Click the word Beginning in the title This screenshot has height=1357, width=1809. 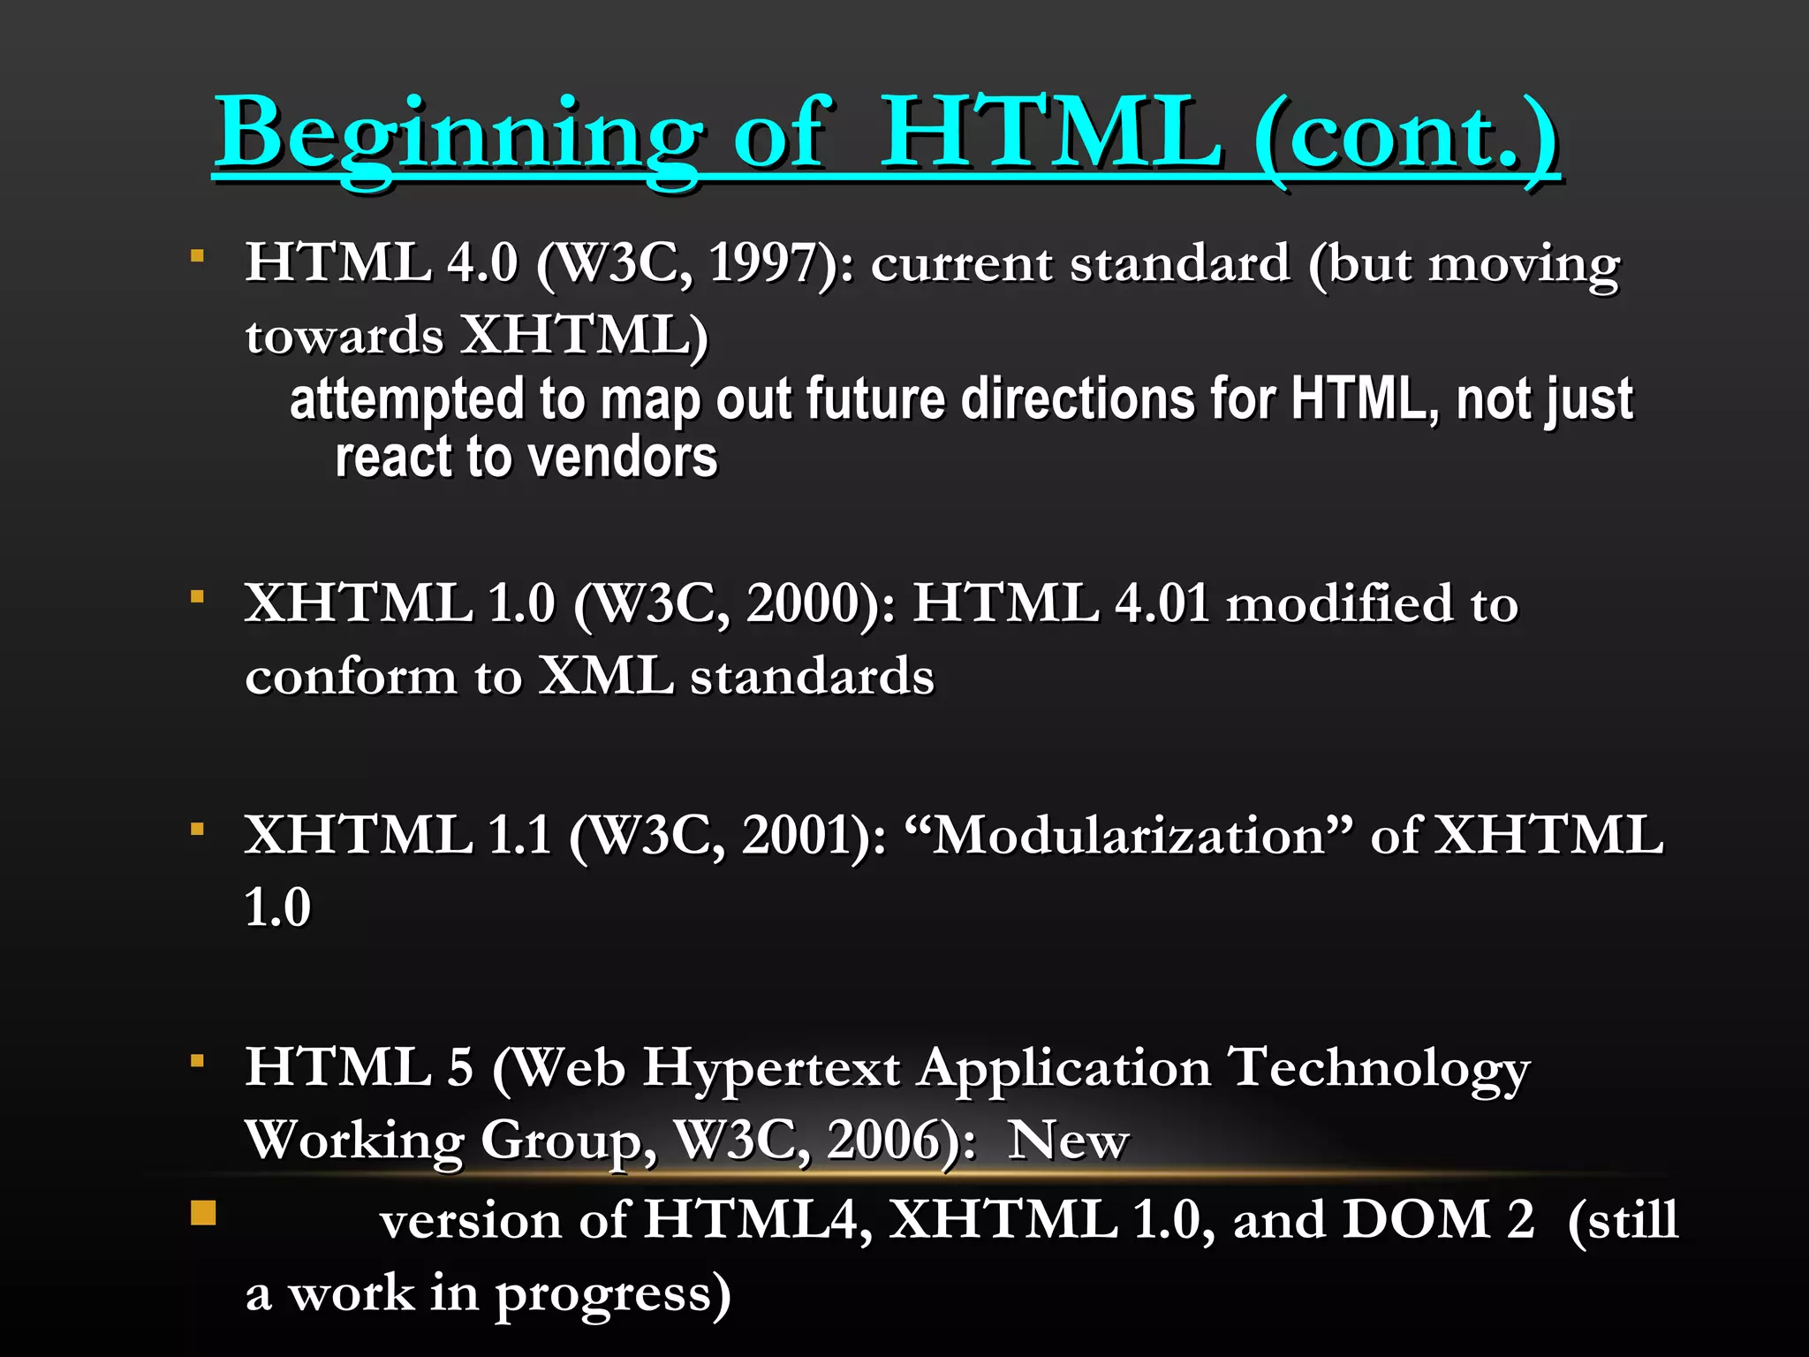tap(459, 134)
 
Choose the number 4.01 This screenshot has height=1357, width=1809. tap(1162, 604)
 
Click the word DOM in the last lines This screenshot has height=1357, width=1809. tap(1416, 1220)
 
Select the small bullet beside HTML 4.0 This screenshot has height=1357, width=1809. tap(198, 256)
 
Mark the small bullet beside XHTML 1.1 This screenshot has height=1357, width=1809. tap(198, 829)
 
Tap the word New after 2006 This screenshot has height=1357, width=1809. tap(1069, 1141)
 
